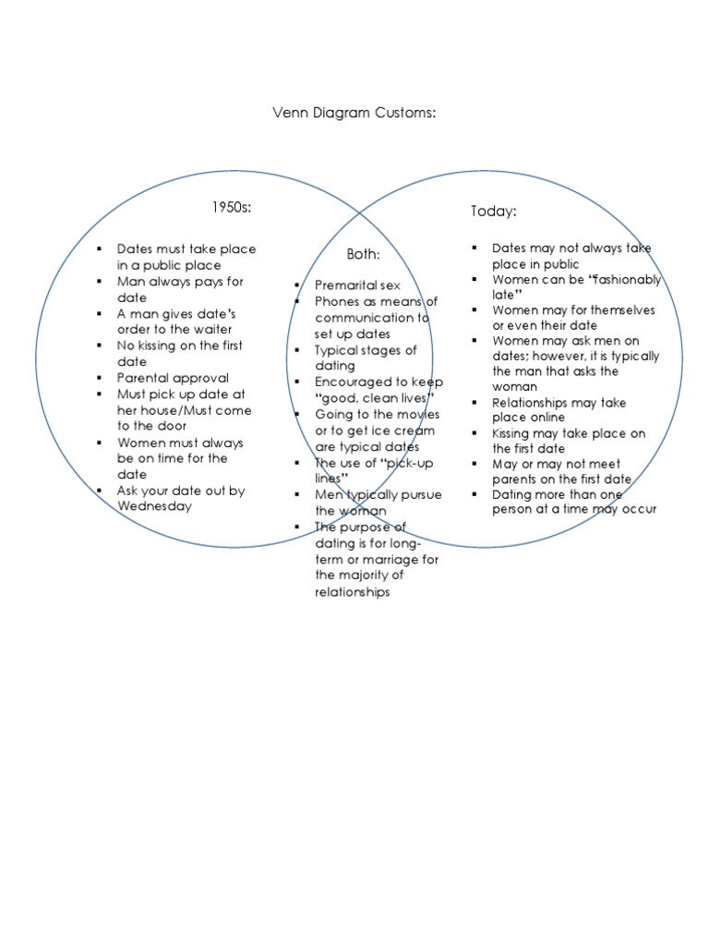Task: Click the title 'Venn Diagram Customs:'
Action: (x=354, y=113)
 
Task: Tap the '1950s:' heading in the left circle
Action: (x=232, y=206)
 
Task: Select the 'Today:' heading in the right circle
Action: (x=494, y=212)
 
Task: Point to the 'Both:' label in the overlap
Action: (x=363, y=254)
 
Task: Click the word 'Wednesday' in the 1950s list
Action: (x=154, y=506)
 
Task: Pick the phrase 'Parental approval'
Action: (x=173, y=378)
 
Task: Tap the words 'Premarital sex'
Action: (x=358, y=285)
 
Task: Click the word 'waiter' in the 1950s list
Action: (x=211, y=330)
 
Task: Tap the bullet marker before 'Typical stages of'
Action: (x=297, y=350)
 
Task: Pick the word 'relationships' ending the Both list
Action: (x=353, y=591)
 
